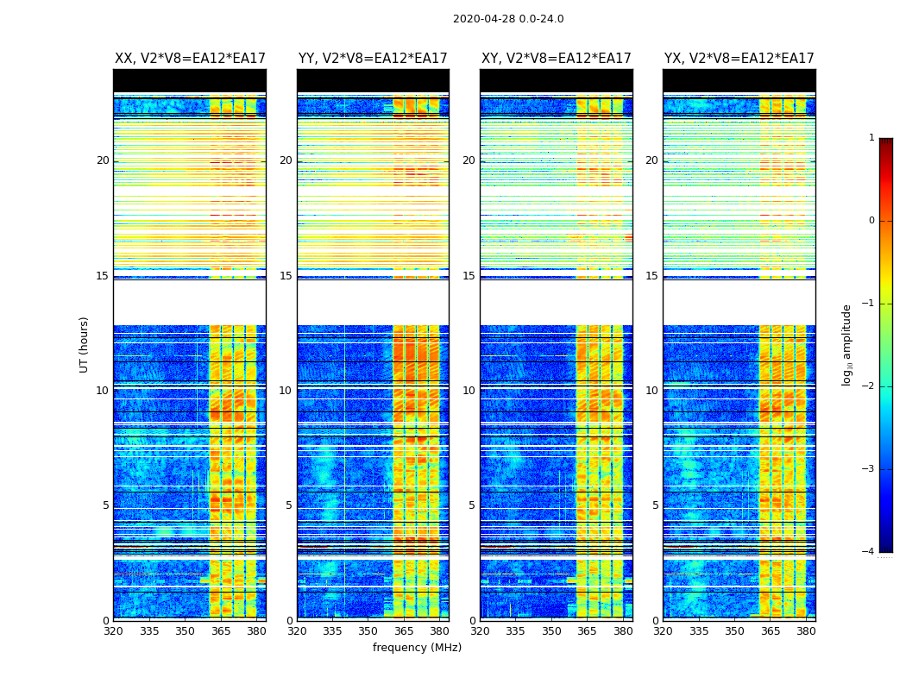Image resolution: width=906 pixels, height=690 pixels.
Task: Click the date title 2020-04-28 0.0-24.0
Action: click(508, 19)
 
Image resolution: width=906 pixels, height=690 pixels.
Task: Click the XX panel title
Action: click(190, 59)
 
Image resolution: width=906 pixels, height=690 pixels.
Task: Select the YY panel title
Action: click(373, 59)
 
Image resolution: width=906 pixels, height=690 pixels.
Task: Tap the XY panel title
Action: click(557, 59)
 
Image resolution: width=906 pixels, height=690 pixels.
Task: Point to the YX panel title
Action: click(739, 59)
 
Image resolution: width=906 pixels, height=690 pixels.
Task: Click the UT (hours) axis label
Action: click(85, 344)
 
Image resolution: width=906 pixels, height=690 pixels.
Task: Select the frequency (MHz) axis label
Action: click(417, 648)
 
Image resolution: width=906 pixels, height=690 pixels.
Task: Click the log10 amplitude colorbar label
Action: click(847, 344)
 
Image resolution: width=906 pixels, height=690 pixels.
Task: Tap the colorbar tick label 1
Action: click(871, 138)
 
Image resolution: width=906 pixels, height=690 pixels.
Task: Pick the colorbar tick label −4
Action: click(869, 552)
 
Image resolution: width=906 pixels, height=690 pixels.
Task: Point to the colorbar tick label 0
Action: click(871, 221)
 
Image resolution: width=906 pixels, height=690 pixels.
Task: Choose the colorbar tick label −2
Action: click(869, 386)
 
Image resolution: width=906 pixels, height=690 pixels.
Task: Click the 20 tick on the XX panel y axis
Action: click(103, 160)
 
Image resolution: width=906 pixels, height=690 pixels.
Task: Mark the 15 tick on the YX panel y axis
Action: click(652, 276)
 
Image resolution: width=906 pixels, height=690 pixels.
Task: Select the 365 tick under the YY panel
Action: click(404, 630)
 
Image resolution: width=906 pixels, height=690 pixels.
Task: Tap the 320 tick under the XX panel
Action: click(113, 630)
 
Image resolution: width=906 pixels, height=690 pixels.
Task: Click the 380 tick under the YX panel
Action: click(806, 630)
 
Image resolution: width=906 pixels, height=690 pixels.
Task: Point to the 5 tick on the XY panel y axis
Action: click(472, 505)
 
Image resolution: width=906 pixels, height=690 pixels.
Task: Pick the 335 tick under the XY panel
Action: click(515, 630)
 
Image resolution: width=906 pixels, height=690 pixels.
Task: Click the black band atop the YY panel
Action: click(373, 80)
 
